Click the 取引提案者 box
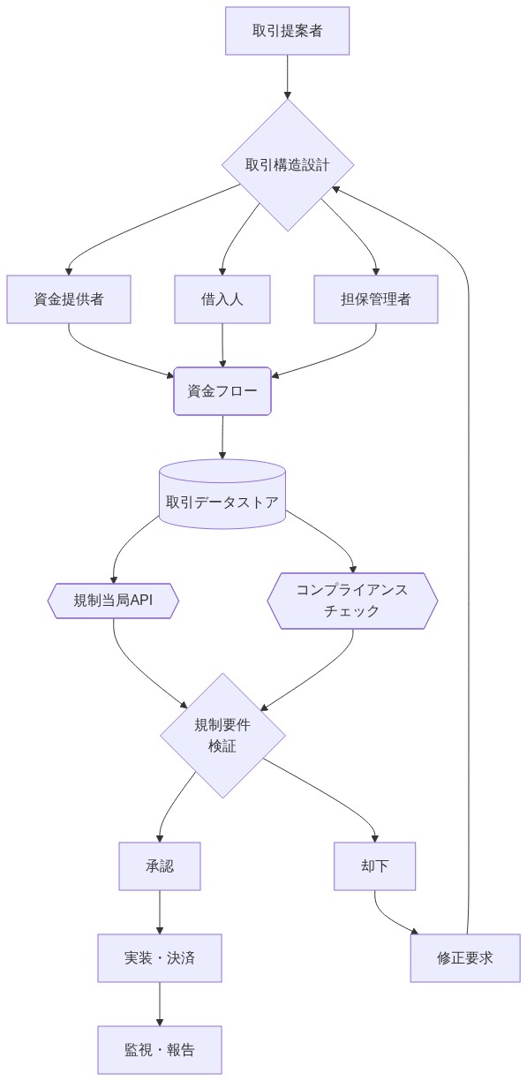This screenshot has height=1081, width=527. click(287, 31)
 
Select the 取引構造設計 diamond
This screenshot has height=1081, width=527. click(288, 165)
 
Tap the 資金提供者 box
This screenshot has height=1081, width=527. click(69, 299)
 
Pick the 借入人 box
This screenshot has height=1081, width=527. click(222, 299)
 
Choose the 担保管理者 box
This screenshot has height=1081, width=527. click(376, 299)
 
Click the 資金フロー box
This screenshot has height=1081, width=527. click(222, 391)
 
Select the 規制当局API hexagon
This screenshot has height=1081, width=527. click(113, 601)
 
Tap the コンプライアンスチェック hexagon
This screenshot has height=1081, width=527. click(352, 601)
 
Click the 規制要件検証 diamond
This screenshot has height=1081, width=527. click(222, 736)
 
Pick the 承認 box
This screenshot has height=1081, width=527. click(160, 866)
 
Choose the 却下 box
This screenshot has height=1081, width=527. click(374, 866)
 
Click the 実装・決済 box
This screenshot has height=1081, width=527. click(160, 958)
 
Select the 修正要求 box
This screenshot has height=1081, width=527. click(465, 958)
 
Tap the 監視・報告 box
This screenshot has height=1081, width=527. click(160, 1050)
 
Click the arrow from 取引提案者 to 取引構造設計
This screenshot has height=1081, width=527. click(288, 78)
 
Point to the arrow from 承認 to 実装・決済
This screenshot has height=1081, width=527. click(160, 912)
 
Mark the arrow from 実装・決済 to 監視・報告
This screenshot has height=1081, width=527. click(160, 1004)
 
